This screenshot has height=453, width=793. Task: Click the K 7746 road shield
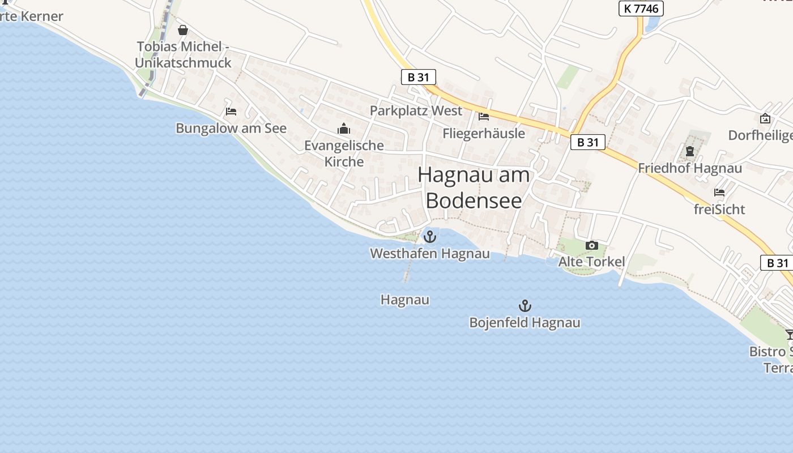point(641,8)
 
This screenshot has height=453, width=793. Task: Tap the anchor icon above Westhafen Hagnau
point(430,236)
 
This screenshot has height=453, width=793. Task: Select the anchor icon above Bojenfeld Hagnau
point(525,306)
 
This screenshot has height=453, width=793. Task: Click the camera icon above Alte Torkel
point(592,245)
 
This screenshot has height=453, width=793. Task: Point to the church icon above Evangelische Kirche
point(344,129)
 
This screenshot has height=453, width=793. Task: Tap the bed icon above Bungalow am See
point(231,112)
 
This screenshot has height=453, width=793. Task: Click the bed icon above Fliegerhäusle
point(484,117)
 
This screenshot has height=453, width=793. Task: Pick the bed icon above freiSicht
point(719,193)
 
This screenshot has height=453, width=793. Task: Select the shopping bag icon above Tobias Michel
point(183,30)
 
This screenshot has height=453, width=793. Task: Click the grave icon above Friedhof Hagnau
point(690,151)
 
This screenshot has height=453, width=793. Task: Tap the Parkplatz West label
point(416,110)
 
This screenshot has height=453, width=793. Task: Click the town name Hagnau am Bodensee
point(474,187)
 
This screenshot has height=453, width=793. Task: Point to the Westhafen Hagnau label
point(430,254)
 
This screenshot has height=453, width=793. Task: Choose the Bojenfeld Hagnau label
point(525,323)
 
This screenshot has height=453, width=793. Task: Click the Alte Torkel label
point(591,262)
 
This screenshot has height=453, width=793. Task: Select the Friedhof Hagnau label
point(690,168)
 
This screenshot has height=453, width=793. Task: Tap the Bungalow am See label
point(231,129)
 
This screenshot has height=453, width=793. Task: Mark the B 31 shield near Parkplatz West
point(418,77)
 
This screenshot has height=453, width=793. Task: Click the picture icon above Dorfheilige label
point(765,118)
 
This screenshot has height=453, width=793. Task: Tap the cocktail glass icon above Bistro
point(790,335)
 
